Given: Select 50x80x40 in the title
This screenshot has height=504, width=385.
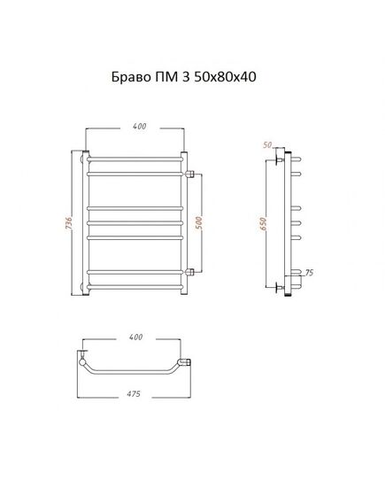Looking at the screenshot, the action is tap(225, 77).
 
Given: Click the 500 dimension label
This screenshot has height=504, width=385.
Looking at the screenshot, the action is tap(199, 222).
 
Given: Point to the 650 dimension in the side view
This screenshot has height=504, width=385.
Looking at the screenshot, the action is tap(263, 224).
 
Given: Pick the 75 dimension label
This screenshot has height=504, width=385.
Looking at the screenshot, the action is tap(309, 273).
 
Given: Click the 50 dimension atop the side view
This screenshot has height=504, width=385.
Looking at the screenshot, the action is tap(267, 145).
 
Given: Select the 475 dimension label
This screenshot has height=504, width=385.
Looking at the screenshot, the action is tap(134, 394).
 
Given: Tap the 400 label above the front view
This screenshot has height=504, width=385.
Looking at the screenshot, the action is tap(139, 127).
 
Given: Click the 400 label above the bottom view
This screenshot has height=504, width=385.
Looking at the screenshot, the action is tap(135, 337).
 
